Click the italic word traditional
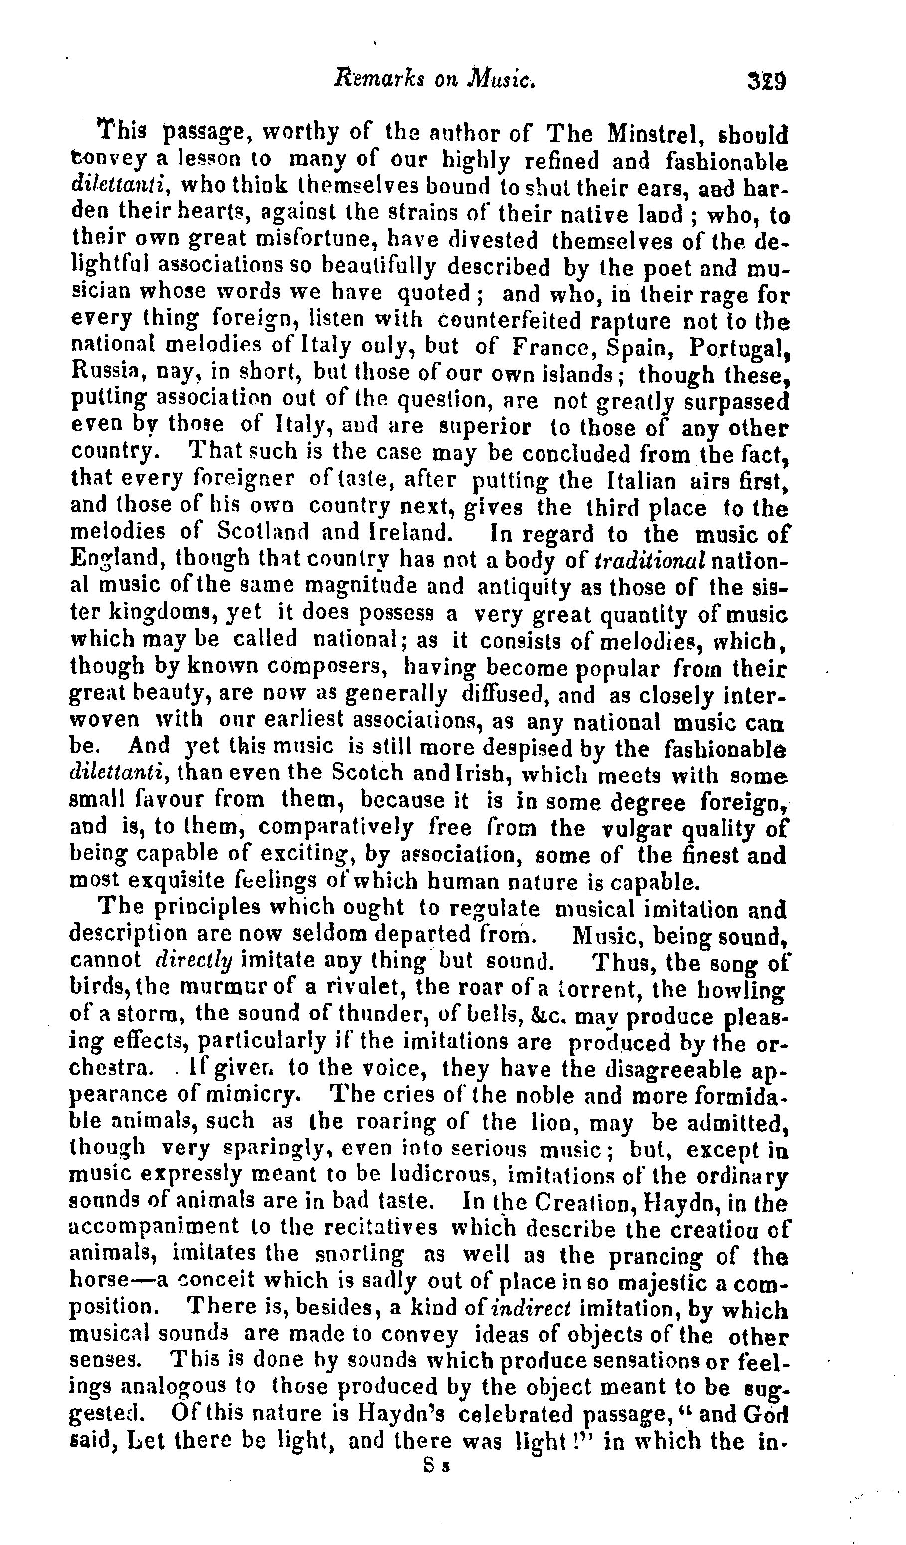[651, 561]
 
